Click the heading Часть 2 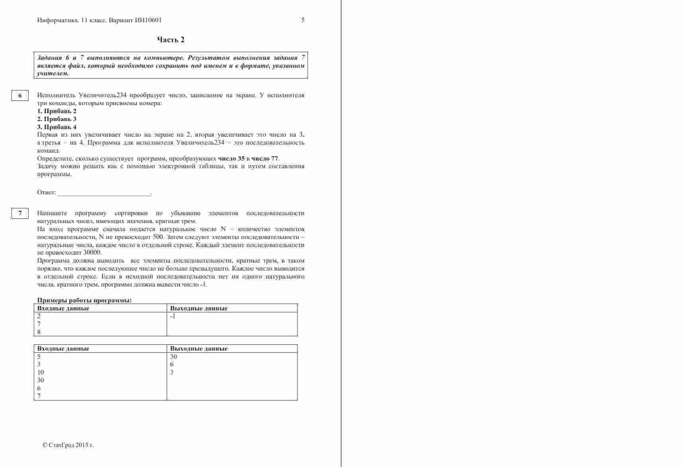click(x=171, y=39)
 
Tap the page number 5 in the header click(x=303, y=20)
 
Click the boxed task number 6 click(x=20, y=95)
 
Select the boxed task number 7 click(x=20, y=213)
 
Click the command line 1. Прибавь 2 click(x=57, y=111)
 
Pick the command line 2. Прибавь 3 click(x=57, y=119)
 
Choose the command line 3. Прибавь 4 click(x=57, y=127)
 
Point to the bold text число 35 click(x=231, y=159)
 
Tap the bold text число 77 click(x=265, y=159)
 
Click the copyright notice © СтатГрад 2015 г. click(x=68, y=445)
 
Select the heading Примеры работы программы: click(x=84, y=300)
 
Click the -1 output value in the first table click(x=173, y=316)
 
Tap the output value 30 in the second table click(x=173, y=357)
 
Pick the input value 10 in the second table click(x=41, y=372)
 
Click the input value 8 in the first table click(x=39, y=332)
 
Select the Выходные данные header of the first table click(x=199, y=308)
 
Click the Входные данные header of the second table click(x=63, y=349)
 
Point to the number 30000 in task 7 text click(x=92, y=253)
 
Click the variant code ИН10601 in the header click(x=148, y=20)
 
